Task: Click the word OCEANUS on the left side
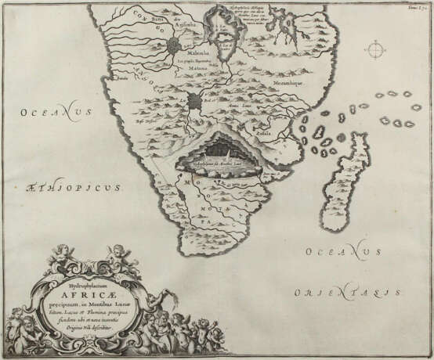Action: click(49, 120)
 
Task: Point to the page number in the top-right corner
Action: click(414, 9)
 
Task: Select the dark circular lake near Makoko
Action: click(175, 45)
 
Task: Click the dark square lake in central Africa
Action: click(195, 100)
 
